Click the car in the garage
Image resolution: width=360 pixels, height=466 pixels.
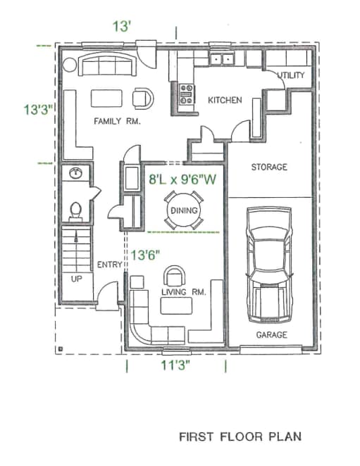pyautogui.click(x=269, y=263)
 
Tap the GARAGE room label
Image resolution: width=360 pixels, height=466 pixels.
pyautogui.click(x=271, y=335)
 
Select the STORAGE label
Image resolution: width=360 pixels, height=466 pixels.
pyautogui.click(x=270, y=168)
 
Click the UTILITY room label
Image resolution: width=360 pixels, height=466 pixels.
pyautogui.click(x=290, y=75)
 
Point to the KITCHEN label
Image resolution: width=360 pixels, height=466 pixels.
pyautogui.click(x=225, y=101)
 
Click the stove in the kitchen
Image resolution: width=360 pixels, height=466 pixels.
pyautogui.click(x=187, y=95)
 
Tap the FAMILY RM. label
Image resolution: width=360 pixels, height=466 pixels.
pyautogui.click(x=118, y=121)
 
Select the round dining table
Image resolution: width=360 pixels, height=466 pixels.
pyautogui.click(x=184, y=210)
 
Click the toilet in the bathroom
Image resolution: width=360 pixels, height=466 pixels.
pyautogui.click(x=77, y=210)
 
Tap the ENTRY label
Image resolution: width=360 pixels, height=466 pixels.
pyautogui.click(x=109, y=265)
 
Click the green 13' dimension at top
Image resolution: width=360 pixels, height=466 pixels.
pyautogui.click(x=123, y=26)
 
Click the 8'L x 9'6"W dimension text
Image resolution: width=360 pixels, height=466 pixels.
pyautogui.click(x=181, y=180)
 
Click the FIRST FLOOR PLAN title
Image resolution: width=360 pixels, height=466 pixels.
pyautogui.click(x=240, y=436)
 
